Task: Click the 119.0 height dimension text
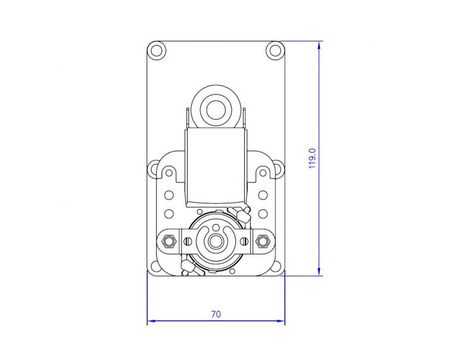pos(312,159)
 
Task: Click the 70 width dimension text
pos(216,314)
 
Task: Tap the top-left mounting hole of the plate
pos(157,49)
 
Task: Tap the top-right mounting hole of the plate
pos(275,49)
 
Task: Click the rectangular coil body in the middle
pos(216,170)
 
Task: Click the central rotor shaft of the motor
pos(215,241)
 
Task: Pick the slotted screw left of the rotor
pos(188,241)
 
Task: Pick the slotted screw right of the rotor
pos(243,241)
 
